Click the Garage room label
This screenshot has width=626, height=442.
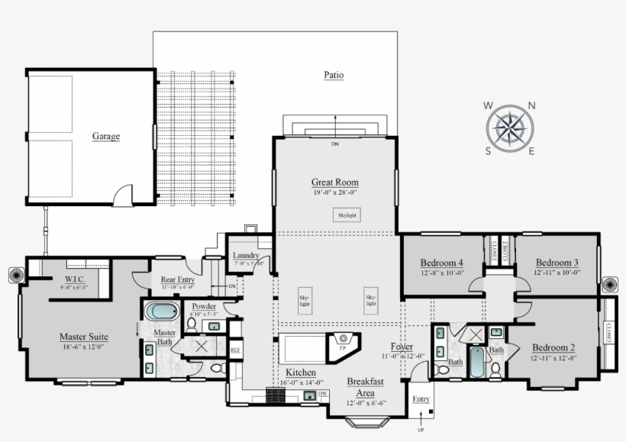click(106, 137)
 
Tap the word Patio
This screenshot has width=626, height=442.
click(333, 75)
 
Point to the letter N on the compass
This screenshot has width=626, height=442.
click(531, 106)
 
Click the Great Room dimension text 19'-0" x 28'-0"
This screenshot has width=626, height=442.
click(334, 192)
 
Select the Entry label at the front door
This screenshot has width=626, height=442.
click(421, 399)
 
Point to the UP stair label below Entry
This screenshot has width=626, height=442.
click(420, 430)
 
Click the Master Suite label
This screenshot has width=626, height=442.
click(83, 336)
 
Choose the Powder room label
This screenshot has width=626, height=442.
click(204, 306)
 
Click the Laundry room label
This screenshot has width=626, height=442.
click(247, 256)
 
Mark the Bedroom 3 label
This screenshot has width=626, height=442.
click(557, 262)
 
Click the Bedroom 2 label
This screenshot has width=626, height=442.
click(553, 348)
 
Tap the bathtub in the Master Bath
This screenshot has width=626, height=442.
click(161, 311)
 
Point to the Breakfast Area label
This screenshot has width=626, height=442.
click(365, 386)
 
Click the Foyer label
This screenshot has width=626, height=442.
click(402, 347)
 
